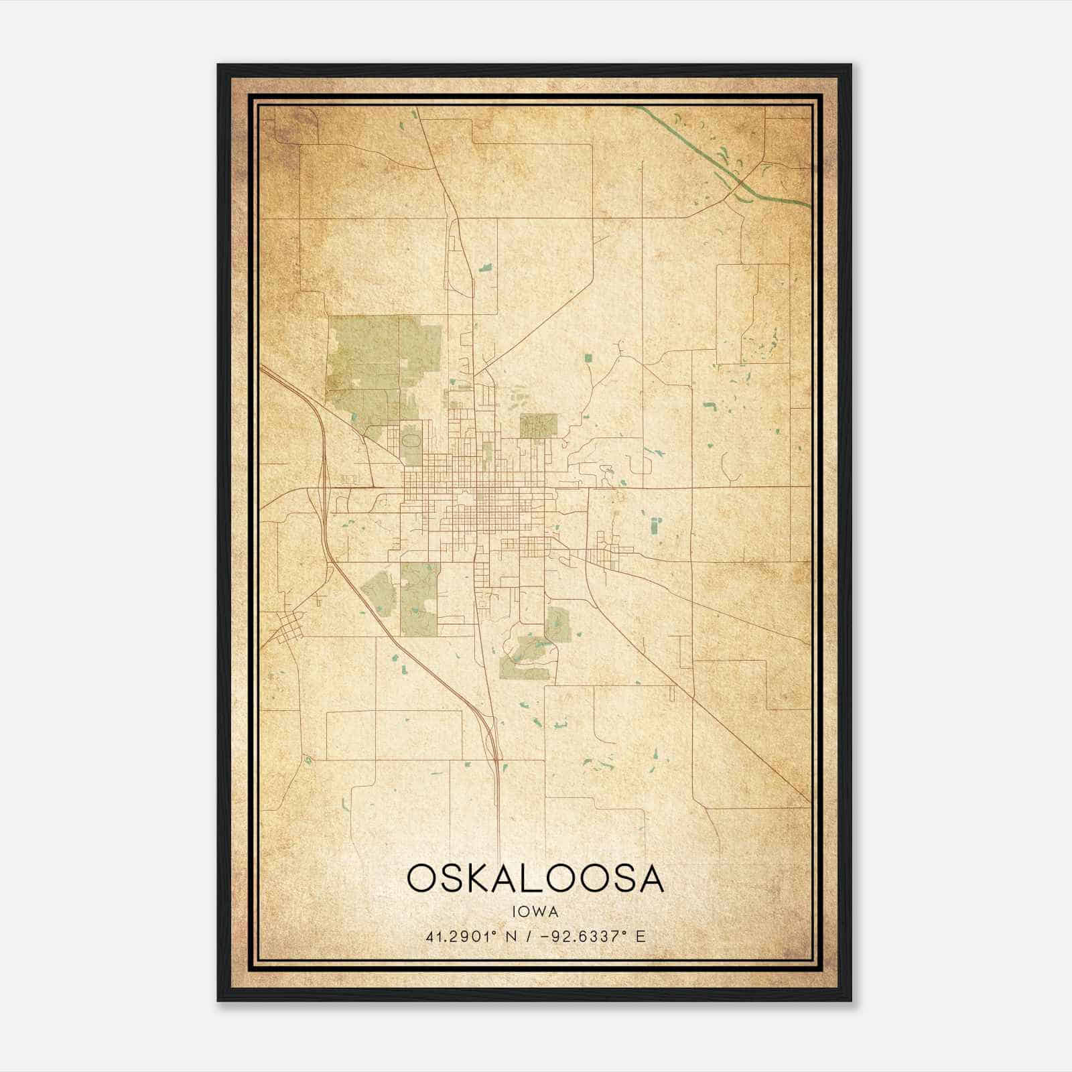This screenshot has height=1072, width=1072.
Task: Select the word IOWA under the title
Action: (535, 911)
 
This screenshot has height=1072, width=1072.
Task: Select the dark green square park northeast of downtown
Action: (539, 425)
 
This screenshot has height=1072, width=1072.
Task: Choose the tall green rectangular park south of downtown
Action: (419, 598)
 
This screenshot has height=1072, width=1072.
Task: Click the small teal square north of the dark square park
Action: (588, 358)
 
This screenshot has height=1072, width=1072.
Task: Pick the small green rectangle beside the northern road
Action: (485, 267)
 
